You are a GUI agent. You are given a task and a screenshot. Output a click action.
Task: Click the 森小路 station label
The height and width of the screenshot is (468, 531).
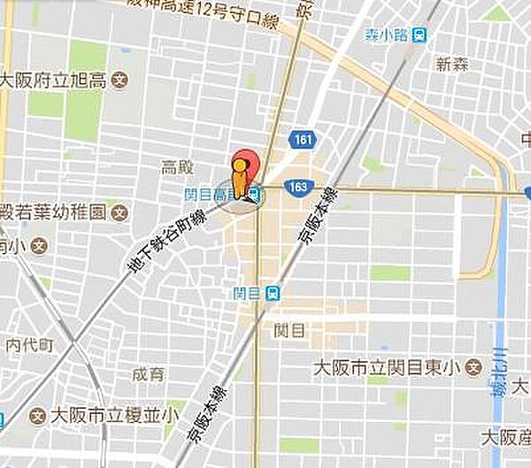coord(384,35)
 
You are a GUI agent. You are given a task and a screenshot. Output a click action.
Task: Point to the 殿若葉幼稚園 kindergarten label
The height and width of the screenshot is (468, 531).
coord(52,212)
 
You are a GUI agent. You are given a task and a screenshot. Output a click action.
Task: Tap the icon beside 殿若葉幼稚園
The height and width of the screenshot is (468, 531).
coord(121,212)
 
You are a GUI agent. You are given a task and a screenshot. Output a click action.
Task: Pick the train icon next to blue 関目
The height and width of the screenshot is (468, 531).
coord(273,292)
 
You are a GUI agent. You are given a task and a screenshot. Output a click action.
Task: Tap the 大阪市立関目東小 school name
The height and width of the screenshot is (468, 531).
coord(389,366)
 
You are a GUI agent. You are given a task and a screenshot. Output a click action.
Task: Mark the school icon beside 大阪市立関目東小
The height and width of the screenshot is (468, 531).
coord(474,366)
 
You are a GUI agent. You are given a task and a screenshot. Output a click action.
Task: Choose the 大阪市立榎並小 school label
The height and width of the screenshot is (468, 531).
coord(115,414)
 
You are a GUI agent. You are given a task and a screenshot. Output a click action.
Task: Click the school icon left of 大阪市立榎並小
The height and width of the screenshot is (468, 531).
coord(38,414)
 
